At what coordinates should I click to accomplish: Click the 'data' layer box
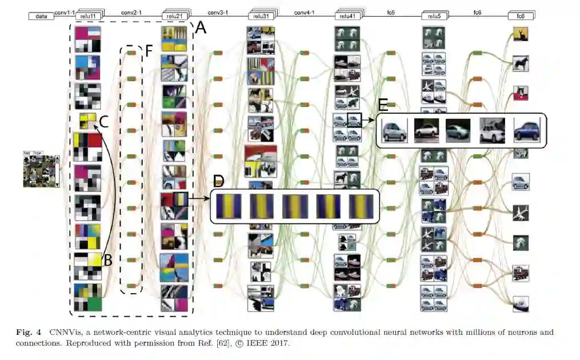click(x=41, y=17)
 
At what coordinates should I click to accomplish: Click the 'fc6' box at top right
click(x=521, y=17)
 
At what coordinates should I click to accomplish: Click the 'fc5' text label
click(x=391, y=11)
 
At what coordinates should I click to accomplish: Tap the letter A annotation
click(x=201, y=26)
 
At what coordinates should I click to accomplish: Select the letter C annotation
click(x=103, y=121)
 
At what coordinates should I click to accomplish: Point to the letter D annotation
click(x=218, y=182)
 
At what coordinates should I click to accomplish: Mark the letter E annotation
click(x=383, y=105)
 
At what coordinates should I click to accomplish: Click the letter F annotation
click(x=149, y=50)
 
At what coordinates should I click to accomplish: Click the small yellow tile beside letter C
click(x=87, y=121)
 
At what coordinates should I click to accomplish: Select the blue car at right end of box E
click(x=526, y=131)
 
